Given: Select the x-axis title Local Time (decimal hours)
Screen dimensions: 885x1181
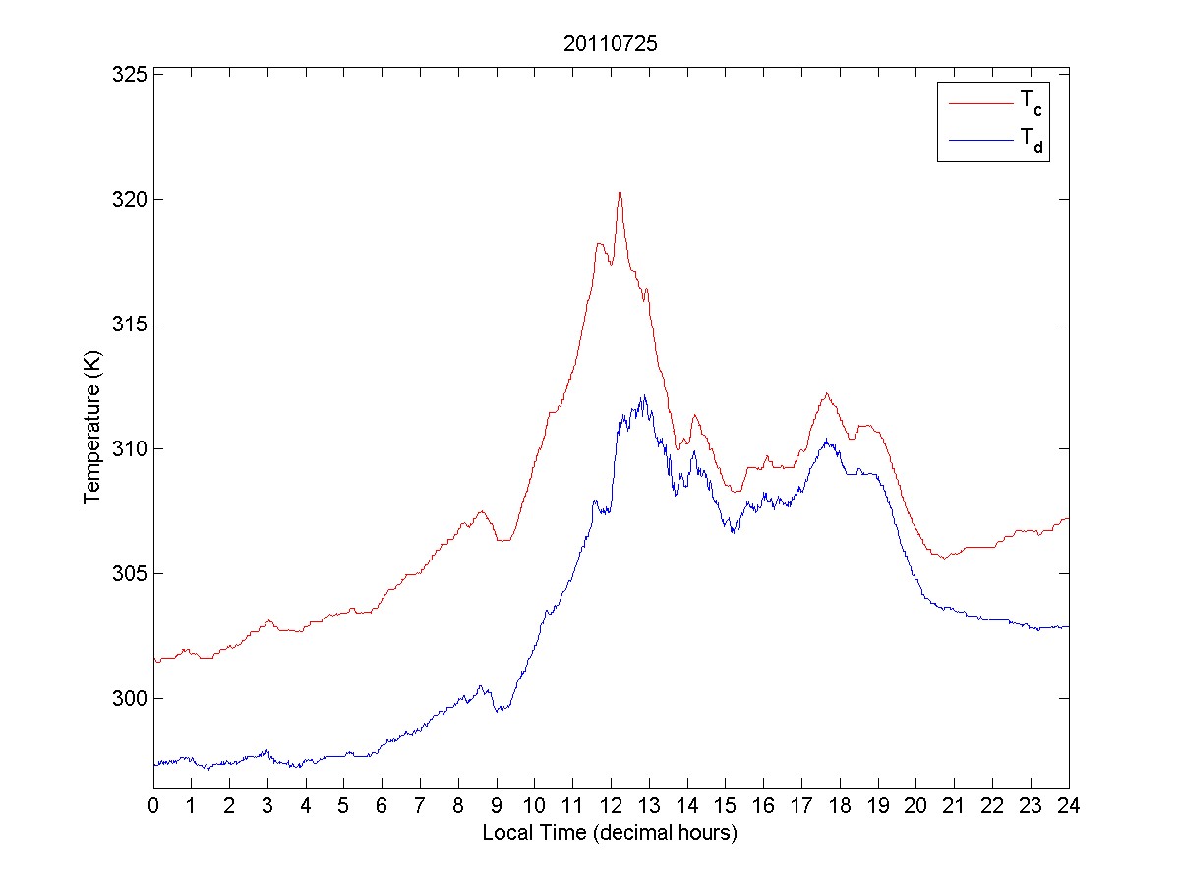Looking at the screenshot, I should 610,833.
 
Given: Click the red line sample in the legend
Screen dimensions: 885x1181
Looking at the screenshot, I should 979,101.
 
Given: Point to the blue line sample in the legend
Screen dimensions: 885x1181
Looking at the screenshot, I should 979,141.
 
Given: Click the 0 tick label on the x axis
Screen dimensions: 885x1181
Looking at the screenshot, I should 153,805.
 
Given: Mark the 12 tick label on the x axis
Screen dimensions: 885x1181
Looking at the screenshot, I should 611,805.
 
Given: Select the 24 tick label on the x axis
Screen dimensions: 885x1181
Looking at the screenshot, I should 1069,805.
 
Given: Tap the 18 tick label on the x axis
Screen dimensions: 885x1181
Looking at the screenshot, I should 840,805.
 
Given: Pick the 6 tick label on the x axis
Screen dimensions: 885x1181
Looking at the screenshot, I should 383,805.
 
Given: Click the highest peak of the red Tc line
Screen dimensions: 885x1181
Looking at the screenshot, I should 620,193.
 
